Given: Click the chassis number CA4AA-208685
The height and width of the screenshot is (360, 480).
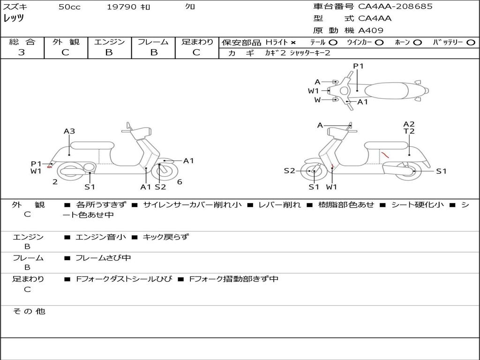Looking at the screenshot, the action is click(x=395, y=7).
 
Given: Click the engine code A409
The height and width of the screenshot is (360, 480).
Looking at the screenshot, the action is click(x=371, y=30).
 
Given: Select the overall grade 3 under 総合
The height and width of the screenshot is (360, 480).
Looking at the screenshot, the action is click(x=22, y=52).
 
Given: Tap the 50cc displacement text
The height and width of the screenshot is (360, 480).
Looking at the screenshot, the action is click(x=69, y=7).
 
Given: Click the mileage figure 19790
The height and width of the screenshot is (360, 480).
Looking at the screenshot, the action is click(x=121, y=7).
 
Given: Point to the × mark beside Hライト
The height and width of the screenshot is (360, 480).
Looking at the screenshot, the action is click(x=293, y=43).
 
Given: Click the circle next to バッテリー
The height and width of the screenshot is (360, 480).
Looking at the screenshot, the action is click(x=471, y=43).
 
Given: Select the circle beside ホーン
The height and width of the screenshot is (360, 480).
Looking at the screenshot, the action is click(x=417, y=43).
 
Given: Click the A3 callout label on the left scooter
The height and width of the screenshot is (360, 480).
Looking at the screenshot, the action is click(x=69, y=131).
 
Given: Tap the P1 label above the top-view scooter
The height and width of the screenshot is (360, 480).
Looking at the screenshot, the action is click(x=358, y=66).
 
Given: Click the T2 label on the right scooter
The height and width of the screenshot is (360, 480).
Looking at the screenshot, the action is click(x=409, y=131).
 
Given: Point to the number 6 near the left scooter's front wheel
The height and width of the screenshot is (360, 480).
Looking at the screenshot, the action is click(x=180, y=182).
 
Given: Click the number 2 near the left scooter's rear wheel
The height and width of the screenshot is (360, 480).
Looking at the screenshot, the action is click(x=55, y=182).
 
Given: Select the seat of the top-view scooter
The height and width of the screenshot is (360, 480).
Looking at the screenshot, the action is click(x=386, y=91).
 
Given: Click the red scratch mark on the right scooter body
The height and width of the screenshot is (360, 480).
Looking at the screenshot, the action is click(x=384, y=154).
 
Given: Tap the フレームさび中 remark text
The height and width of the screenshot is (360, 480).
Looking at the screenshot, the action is click(x=103, y=258).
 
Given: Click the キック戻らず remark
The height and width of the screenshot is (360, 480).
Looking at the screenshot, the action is click(x=166, y=237).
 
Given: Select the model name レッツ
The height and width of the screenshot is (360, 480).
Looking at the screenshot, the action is click(x=14, y=18).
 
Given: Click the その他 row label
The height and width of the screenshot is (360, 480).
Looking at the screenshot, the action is click(x=29, y=311).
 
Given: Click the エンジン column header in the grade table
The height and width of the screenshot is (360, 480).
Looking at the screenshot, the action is click(x=109, y=42).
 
